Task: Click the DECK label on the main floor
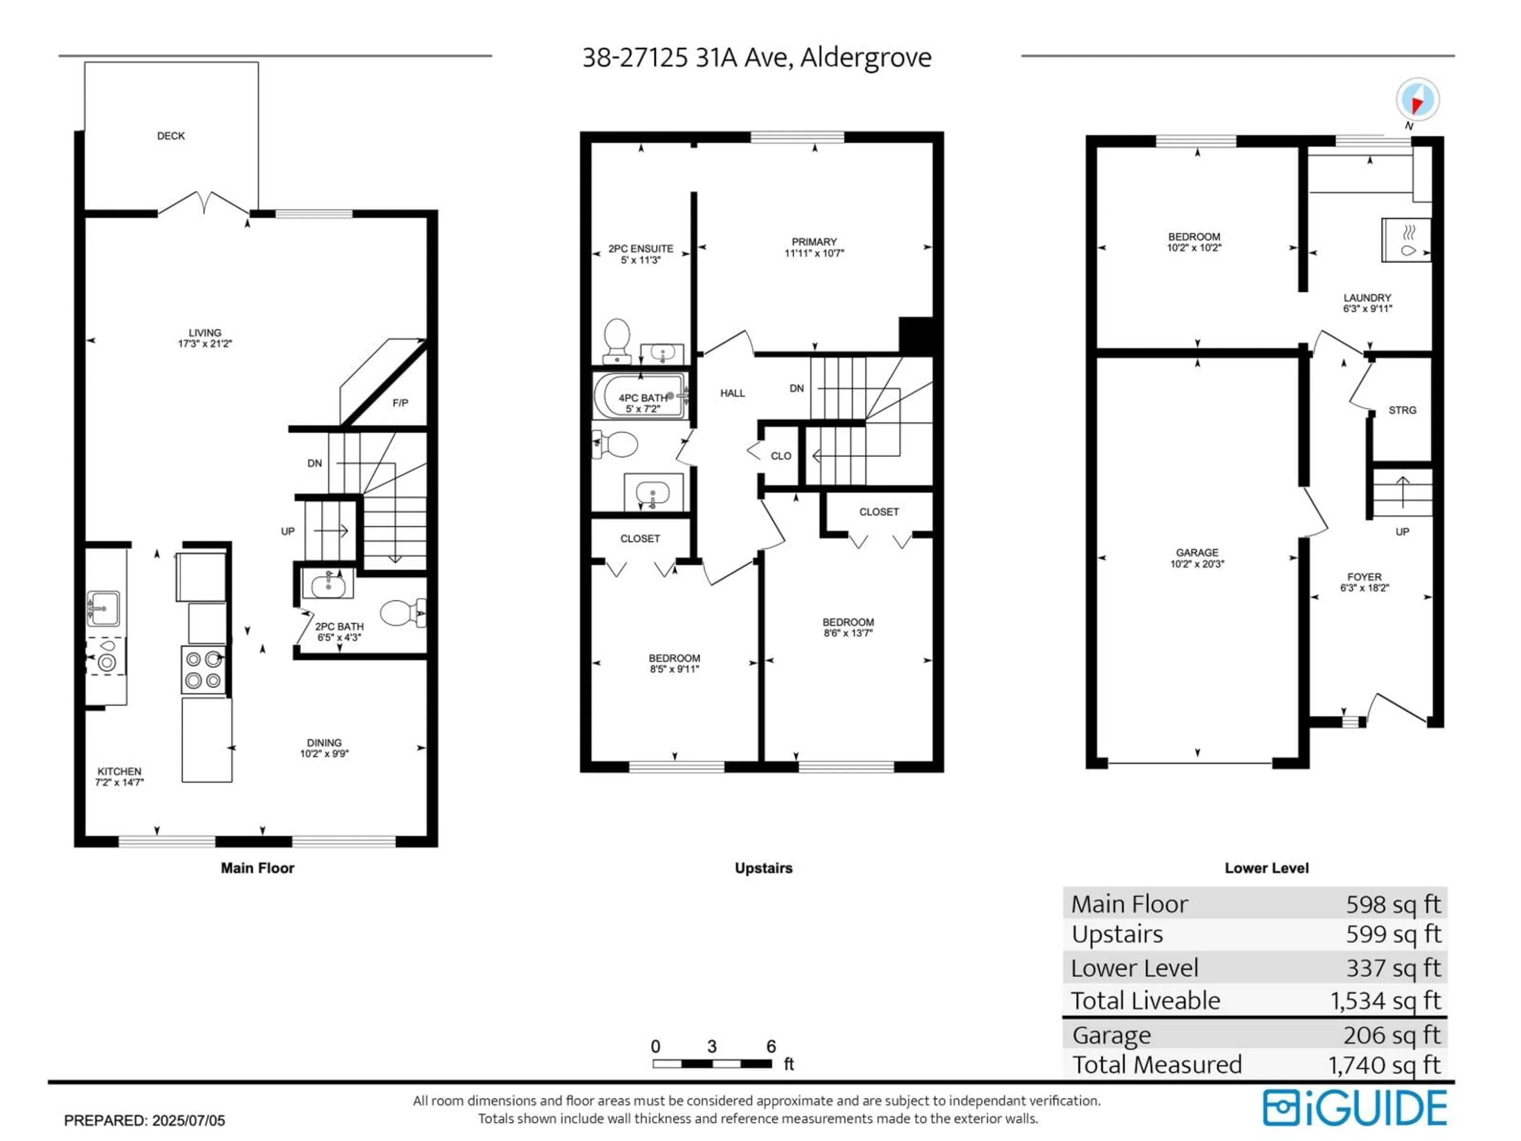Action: pyautogui.click(x=171, y=136)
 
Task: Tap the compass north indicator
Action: pyautogui.click(x=1417, y=100)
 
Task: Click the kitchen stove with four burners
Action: pyautogui.click(x=204, y=669)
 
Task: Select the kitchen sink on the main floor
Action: pyautogui.click(x=103, y=609)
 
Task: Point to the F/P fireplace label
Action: pyautogui.click(x=400, y=403)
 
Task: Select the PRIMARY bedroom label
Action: pyautogui.click(x=814, y=242)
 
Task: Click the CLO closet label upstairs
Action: pyautogui.click(x=780, y=456)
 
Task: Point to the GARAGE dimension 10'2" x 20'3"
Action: pyautogui.click(x=1197, y=564)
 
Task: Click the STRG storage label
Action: pyautogui.click(x=1402, y=410)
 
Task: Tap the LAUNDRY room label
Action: pyautogui.click(x=1367, y=298)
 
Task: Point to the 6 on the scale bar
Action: pyautogui.click(x=771, y=1047)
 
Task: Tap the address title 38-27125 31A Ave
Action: pyautogui.click(x=757, y=58)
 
